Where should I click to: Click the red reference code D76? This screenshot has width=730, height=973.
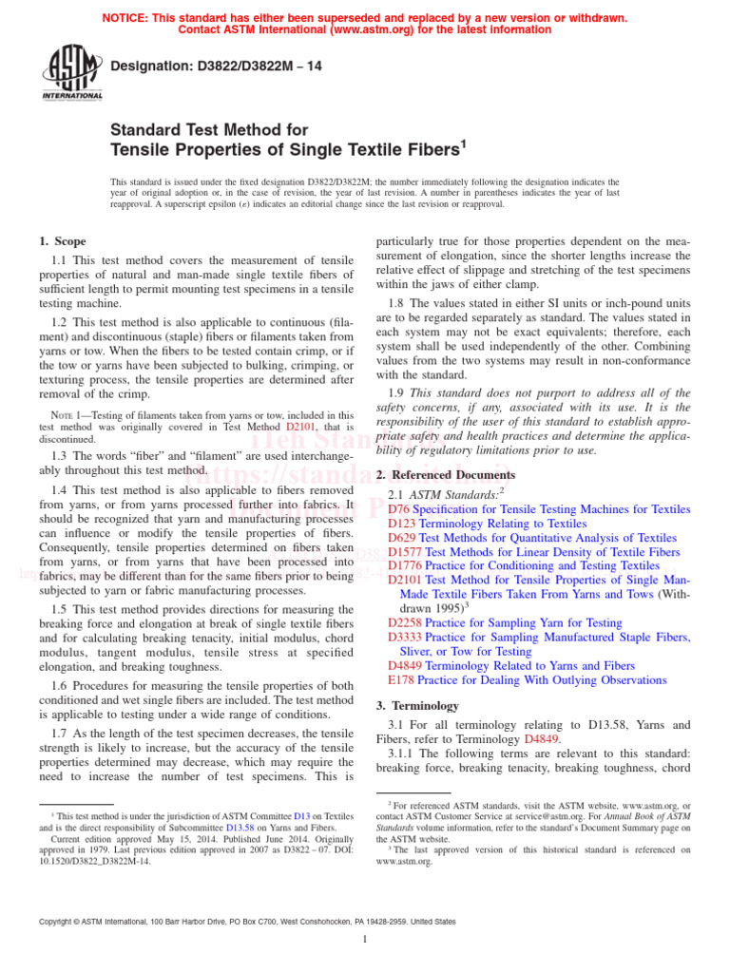(x=399, y=510)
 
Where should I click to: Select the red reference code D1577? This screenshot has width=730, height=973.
(x=406, y=552)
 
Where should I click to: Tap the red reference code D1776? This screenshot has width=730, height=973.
(x=406, y=565)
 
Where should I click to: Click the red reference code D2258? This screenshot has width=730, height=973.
(x=406, y=622)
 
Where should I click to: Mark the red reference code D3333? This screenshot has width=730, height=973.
(x=406, y=637)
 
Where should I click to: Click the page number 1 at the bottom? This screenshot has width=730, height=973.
(x=365, y=940)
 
